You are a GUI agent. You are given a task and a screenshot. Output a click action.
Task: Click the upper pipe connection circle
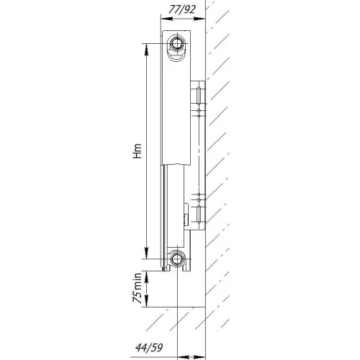(177, 45)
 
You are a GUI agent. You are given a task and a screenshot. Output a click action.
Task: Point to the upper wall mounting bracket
(199, 101)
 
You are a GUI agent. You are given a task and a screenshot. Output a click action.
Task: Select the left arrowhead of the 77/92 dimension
(165, 19)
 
